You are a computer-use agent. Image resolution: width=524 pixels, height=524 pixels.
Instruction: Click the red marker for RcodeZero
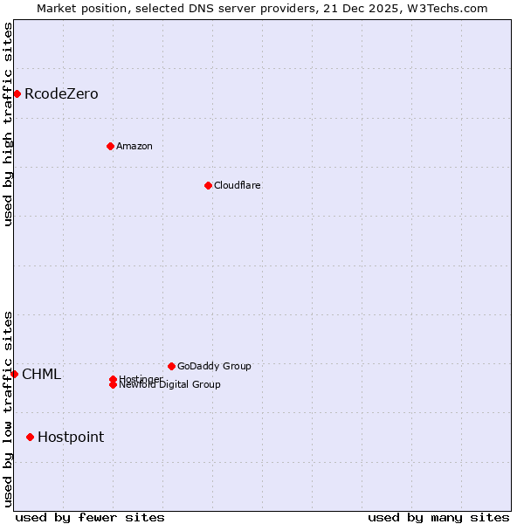(x=17, y=93)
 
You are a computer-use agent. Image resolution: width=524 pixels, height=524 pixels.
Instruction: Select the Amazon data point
(x=110, y=146)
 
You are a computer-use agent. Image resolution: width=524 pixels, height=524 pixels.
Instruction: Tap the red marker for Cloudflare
(x=208, y=185)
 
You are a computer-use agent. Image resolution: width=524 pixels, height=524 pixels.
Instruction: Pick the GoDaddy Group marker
(x=171, y=366)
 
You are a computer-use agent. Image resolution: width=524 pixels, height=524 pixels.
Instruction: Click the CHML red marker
(x=14, y=374)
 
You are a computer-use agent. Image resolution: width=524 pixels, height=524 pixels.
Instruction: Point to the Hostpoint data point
(x=31, y=437)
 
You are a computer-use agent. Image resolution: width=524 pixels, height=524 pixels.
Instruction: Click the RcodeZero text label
(x=61, y=94)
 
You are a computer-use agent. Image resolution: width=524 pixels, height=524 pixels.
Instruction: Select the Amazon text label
(x=134, y=147)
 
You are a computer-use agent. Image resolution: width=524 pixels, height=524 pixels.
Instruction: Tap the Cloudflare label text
(x=238, y=186)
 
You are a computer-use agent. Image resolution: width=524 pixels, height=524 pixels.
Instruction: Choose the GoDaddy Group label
(x=214, y=367)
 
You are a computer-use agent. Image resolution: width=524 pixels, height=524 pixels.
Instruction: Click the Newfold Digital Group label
(x=170, y=385)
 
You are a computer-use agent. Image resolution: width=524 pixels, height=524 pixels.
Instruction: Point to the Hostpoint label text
(x=71, y=438)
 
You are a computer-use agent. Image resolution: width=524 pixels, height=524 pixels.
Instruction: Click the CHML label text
(x=42, y=375)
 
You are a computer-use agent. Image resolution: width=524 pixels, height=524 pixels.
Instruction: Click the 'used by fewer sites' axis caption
(x=90, y=518)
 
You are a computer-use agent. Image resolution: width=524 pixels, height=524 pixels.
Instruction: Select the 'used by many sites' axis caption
(x=438, y=518)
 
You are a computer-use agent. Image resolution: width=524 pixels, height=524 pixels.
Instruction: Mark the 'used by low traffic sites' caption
(x=8, y=408)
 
